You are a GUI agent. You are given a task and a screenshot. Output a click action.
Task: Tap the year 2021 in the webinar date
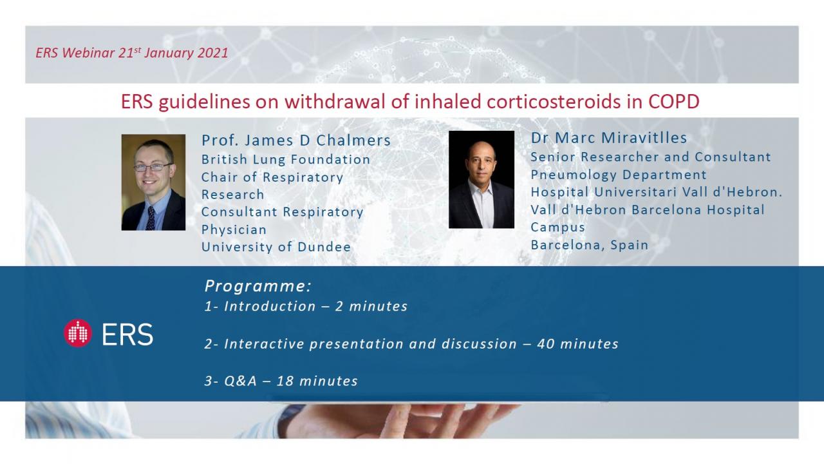(212, 53)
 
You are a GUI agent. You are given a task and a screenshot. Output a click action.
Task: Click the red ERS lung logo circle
(78, 333)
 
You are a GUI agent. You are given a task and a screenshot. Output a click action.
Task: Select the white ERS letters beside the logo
(127, 334)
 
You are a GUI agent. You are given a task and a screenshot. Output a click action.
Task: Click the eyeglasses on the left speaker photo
(152, 168)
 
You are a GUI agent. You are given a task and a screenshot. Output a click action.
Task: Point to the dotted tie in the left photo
(151, 218)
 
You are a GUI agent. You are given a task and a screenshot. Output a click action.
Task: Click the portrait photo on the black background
(481, 180)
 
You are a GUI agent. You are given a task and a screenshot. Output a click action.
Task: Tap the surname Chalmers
(353, 140)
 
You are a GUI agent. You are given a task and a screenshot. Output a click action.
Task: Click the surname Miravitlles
(644, 138)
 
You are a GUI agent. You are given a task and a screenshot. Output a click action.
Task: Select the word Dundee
(324, 247)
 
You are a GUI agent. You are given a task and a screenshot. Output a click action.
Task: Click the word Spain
(629, 245)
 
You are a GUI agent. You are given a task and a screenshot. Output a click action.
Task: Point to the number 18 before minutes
(285, 381)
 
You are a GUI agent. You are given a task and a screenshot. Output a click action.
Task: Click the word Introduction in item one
(270, 306)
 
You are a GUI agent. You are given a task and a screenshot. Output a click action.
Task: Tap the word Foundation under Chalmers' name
(330, 159)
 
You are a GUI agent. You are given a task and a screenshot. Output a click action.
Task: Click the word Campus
(557, 227)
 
